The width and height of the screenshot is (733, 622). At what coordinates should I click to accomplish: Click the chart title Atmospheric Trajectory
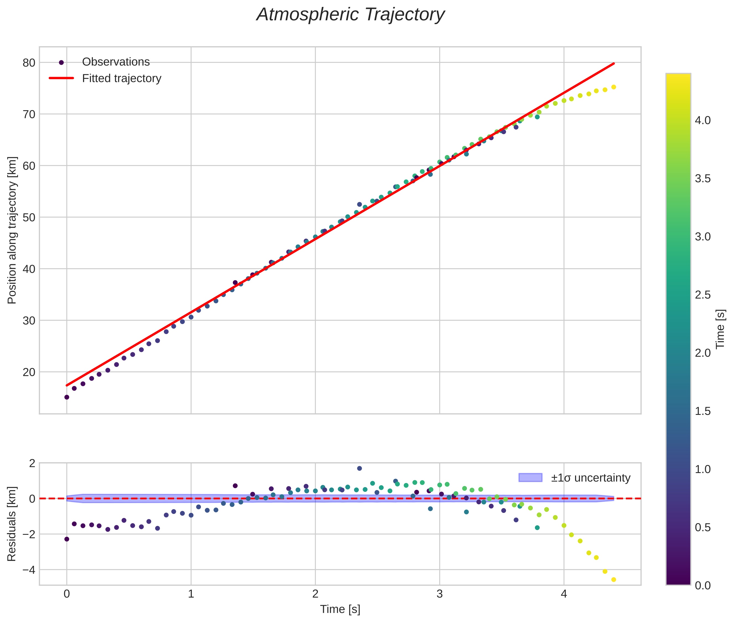click(x=350, y=15)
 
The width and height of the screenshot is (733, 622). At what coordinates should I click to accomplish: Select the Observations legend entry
click(x=116, y=62)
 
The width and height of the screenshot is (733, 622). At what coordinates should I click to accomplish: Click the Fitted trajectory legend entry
click(x=121, y=78)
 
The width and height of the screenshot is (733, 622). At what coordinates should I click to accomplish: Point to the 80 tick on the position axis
click(x=29, y=63)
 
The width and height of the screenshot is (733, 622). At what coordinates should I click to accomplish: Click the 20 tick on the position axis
click(x=29, y=372)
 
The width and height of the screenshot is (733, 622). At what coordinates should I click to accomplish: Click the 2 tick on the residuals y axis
click(x=32, y=463)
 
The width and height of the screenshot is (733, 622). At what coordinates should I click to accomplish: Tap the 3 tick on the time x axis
click(x=440, y=594)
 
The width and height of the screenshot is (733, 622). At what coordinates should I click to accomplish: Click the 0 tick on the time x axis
click(x=67, y=594)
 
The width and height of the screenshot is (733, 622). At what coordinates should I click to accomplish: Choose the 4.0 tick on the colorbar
click(x=703, y=120)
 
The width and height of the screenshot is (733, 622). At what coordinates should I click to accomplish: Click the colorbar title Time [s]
click(x=720, y=329)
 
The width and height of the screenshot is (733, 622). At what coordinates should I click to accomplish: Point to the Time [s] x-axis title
click(x=340, y=609)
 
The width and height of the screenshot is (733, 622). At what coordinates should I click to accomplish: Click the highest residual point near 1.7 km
click(x=359, y=468)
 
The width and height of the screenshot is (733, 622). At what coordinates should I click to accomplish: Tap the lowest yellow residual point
click(x=614, y=580)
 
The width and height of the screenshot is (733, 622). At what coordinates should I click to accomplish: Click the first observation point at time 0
click(x=67, y=397)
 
